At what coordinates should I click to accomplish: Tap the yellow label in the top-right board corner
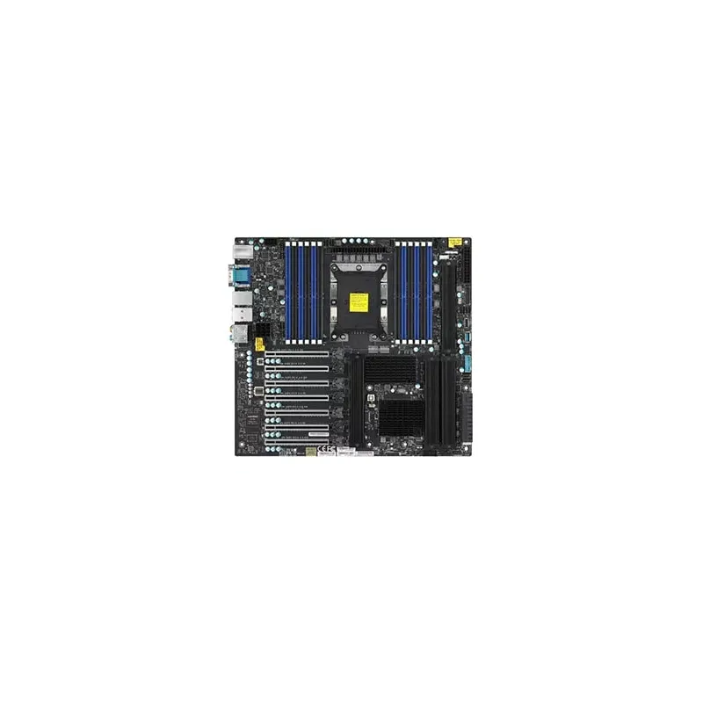click(x=454, y=241)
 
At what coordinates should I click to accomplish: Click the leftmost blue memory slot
click(x=288, y=291)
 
